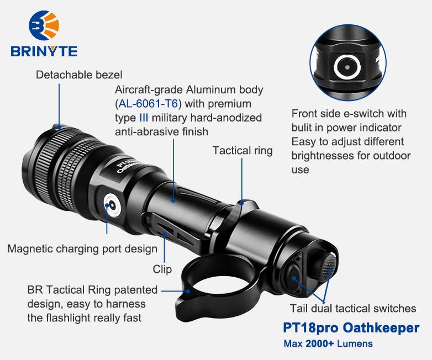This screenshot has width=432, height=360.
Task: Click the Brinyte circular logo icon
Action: coord(44,25)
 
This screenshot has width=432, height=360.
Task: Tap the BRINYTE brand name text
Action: coord(44,51)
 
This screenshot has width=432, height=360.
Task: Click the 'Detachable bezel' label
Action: coord(79,75)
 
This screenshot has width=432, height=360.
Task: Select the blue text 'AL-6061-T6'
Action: coord(149,104)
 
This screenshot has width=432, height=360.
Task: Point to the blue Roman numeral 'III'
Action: coord(144,118)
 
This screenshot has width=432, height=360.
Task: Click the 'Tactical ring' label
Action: coord(243,151)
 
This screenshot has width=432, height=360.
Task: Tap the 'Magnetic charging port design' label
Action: coord(82,248)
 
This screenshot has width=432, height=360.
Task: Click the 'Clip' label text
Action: coord(162,269)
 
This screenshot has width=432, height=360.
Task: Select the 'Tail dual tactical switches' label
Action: coord(353,308)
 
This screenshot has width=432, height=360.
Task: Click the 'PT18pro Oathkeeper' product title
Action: coord(351,328)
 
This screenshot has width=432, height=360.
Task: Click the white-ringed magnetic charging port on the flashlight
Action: coord(112,205)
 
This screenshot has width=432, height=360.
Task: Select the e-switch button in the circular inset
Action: coord(347,67)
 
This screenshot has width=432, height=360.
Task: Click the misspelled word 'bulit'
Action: coord(301,128)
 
